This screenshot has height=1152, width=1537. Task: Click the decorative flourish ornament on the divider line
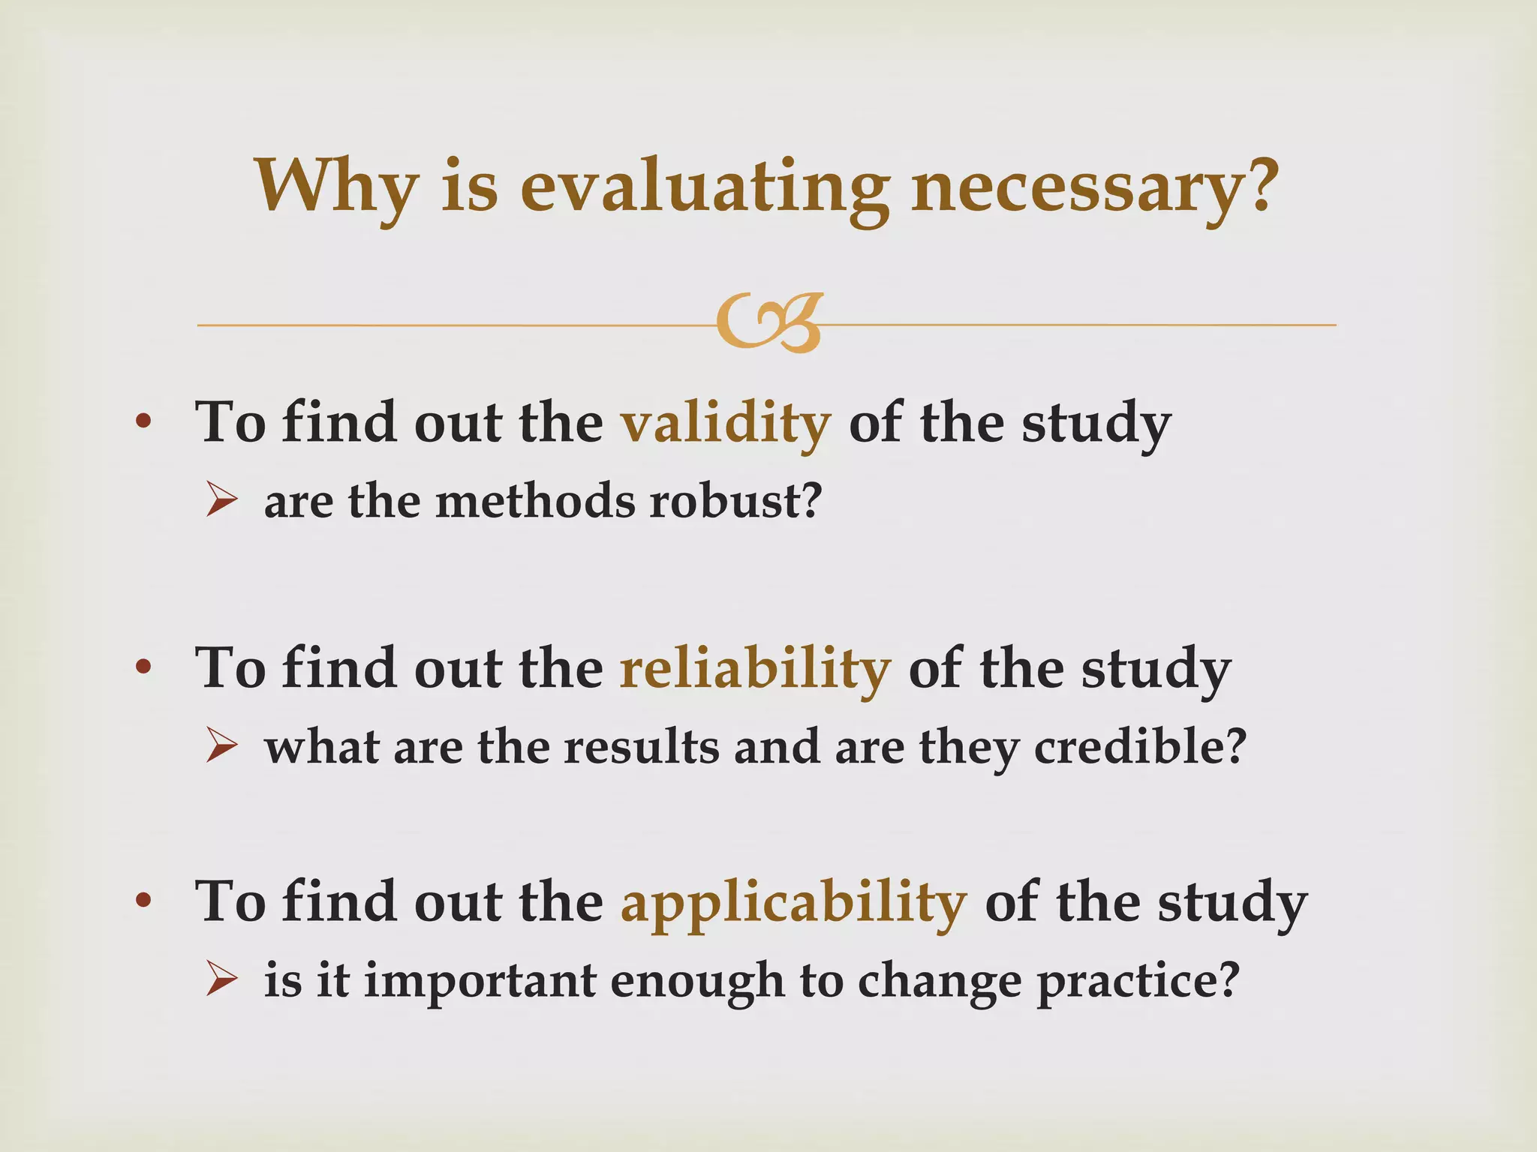(x=769, y=323)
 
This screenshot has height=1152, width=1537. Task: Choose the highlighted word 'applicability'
(x=793, y=902)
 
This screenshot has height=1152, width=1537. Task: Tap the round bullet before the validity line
(x=143, y=422)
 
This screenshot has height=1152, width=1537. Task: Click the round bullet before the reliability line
(x=143, y=667)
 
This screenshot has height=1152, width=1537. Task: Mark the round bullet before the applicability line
(x=143, y=900)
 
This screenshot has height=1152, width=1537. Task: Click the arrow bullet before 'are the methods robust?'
(x=221, y=500)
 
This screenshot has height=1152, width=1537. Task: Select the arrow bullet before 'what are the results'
(x=221, y=747)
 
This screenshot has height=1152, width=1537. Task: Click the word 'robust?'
(x=736, y=501)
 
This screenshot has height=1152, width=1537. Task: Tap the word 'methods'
(x=534, y=501)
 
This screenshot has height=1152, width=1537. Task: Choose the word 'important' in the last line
(x=480, y=981)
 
